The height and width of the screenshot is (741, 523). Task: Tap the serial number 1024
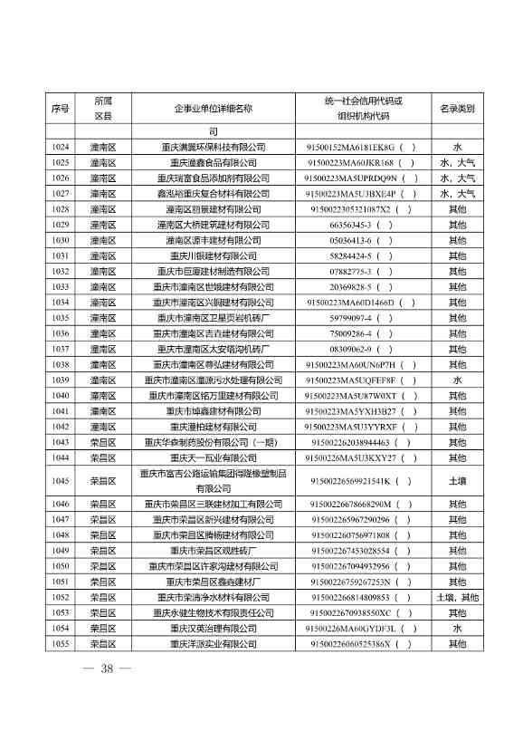[x=61, y=147]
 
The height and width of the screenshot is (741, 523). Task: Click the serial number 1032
[x=61, y=272]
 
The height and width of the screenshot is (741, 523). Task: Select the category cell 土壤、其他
[x=457, y=598]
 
